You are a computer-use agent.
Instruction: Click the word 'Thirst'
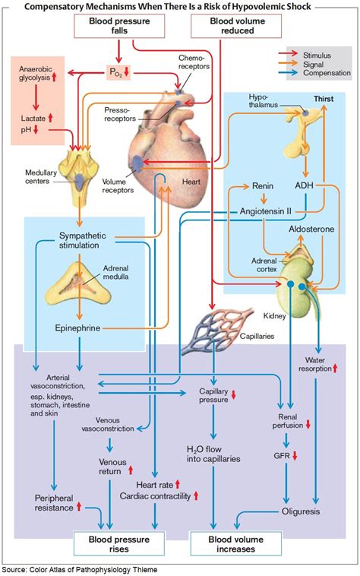[324, 100]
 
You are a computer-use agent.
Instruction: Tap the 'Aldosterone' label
[311, 228]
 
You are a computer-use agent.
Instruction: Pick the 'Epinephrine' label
[78, 328]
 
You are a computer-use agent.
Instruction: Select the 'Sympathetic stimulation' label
[79, 240]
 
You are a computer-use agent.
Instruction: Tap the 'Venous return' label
[112, 466]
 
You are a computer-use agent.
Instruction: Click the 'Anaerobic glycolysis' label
[36, 74]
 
